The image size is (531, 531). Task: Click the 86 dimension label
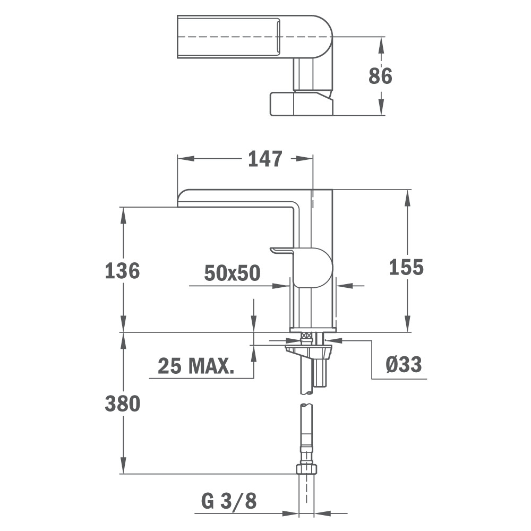click(380, 76)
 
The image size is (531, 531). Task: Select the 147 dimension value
click(265, 159)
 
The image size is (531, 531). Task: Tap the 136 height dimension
click(122, 271)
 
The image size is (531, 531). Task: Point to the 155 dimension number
click(406, 267)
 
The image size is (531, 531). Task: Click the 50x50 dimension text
click(233, 273)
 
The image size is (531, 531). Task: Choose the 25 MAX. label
click(196, 366)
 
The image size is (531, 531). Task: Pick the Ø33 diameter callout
click(404, 365)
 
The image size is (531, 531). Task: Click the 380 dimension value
click(123, 404)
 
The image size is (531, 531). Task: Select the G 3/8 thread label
click(229, 501)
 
